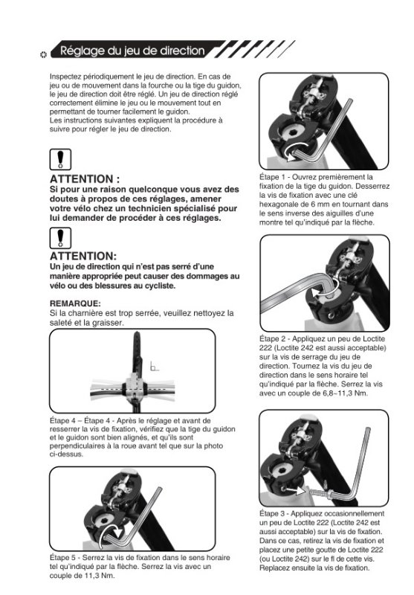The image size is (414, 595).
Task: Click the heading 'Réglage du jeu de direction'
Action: tap(132, 51)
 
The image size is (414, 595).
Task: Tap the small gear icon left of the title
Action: tap(43, 54)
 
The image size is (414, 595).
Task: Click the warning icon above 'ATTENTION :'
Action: tap(60, 159)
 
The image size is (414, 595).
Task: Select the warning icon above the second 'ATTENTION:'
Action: tap(60, 238)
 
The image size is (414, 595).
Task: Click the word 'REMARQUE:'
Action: tap(75, 303)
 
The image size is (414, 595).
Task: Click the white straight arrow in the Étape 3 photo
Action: tap(295, 490)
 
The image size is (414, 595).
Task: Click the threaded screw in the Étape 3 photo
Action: tap(319, 493)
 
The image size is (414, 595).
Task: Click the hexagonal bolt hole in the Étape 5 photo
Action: tap(103, 521)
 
